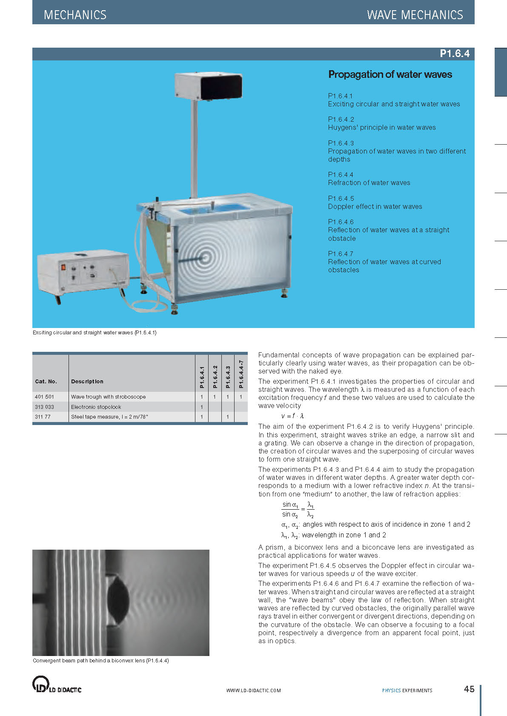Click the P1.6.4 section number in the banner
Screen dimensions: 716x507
[454, 54]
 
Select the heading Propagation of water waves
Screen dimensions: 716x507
[390, 74]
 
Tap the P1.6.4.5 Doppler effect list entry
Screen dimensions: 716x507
[375, 203]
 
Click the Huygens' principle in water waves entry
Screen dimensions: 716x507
[381, 127]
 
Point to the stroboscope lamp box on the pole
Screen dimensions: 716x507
[209, 86]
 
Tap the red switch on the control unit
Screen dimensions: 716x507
[64, 268]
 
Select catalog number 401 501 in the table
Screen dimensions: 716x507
[45, 397]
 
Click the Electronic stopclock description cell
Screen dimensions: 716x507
[96, 407]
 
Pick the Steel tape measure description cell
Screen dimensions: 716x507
[109, 417]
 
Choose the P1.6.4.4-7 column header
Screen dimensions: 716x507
[241, 374]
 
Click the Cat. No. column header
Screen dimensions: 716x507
[46, 382]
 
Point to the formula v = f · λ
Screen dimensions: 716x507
[292, 416]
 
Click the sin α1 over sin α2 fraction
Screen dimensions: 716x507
[290, 509]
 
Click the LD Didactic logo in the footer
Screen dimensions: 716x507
[57, 685]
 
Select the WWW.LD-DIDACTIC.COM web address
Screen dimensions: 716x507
[253, 690]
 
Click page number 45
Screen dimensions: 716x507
[469, 689]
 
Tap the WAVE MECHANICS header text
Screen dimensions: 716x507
[415, 15]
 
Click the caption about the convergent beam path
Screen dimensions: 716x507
[101, 661]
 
